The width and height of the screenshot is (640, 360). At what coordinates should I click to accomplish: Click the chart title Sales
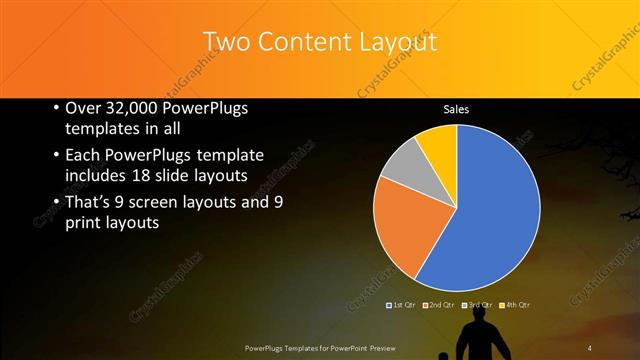456,109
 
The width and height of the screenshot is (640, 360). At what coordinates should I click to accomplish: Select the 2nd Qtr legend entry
441,304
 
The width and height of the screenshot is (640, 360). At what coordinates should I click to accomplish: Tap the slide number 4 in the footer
590,347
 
